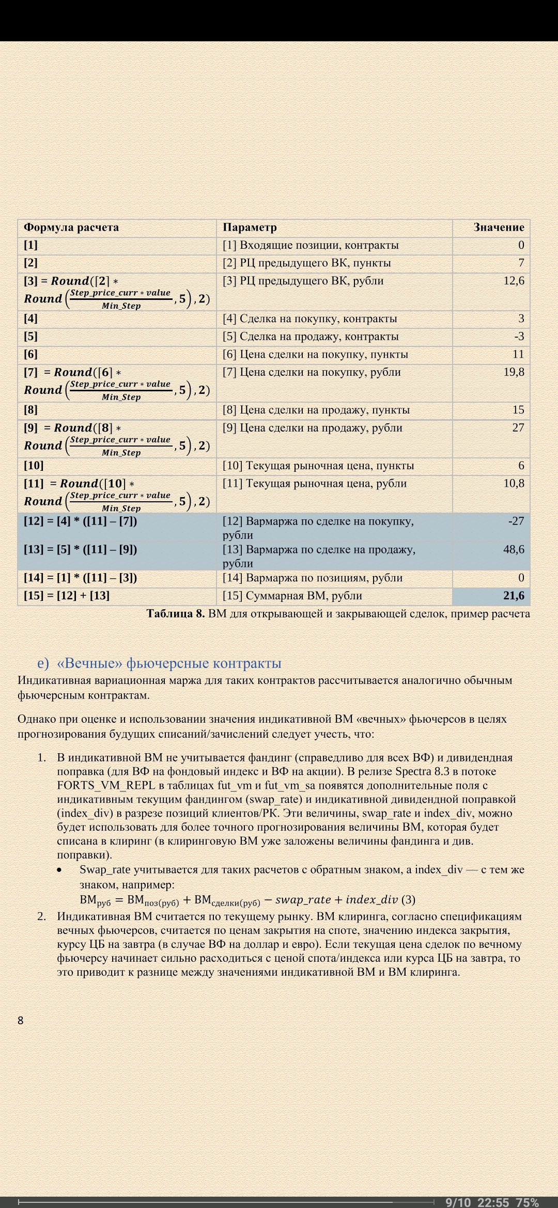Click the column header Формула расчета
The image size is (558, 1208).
pyautogui.click(x=71, y=228)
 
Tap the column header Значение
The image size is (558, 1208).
pyautogui.click(x=499, y=228)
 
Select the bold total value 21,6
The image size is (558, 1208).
pyautogui.click(x=514, y=596)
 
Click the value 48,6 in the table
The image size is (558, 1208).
pyautogui.click(x=514, y=549)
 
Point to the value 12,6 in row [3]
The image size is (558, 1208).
pyautogui.click(x=514, y=281)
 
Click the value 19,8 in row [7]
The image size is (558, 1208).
pyautogui.click(x=514, y=372)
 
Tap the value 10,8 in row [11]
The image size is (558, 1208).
pyautogui.click(x=514, y=484)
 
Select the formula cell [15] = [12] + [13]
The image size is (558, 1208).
pyautogui.click(x=67, y=596)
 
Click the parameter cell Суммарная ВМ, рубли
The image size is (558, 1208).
pyautogui.click(x=292, y=596)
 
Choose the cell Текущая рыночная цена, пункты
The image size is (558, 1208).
pyautogui.click(x=318, y=466)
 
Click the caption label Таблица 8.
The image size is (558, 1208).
pyautogui.click(x=176, y=614)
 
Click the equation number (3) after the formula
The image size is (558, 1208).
pyautogui.click(x=408, y=900)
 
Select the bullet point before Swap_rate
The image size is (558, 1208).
pyautogui.click(x=60, y=870)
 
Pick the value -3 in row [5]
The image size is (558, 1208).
pyautogui.click(x=519, y=337)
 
